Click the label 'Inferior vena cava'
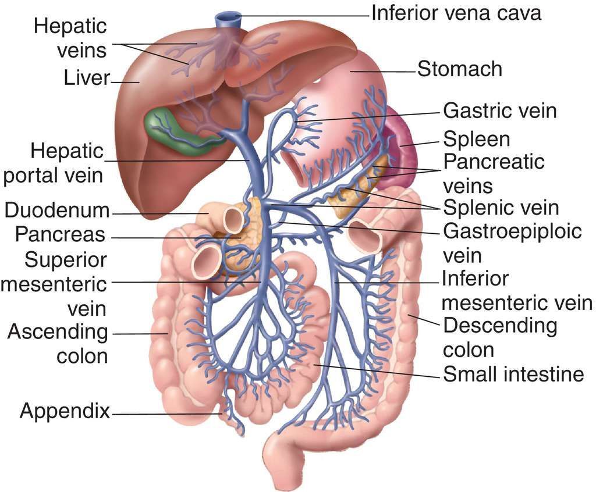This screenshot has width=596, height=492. coord(456,13)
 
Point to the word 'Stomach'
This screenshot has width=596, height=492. coord(459,69)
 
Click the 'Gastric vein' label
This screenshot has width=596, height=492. coord(500,110)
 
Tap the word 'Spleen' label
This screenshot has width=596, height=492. coord(477,140)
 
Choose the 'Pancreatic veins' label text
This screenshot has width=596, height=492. coord(494,173)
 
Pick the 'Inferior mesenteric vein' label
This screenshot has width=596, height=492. coord(517,291)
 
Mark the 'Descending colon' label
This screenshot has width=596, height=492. coord(500,337)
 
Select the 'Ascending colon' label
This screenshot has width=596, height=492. coord(58,344)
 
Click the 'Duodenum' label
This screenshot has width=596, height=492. coord(58,210)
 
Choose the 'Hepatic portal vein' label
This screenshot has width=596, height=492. coord(54,164)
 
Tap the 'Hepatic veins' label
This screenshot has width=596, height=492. coord(70,38)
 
